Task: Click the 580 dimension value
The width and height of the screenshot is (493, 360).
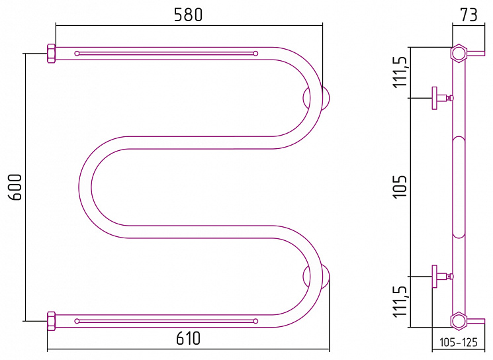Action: (x=188, y=15)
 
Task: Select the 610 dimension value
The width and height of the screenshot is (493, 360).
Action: (x=188, y=339)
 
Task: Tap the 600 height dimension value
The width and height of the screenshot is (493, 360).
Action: (x=15, y=187)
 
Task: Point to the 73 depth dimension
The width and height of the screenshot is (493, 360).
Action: (x=469, y=15)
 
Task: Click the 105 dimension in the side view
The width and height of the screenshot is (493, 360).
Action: (x=400, y=186)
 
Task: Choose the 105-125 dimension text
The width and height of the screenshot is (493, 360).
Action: (x=458, y=342)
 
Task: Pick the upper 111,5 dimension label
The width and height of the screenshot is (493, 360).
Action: (x=400, y=71)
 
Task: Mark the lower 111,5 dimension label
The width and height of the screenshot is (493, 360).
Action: (x=400, y=302)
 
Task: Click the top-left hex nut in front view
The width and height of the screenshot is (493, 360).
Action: (x=51, y=54)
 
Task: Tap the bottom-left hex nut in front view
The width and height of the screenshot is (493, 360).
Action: (x=51, y=321)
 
